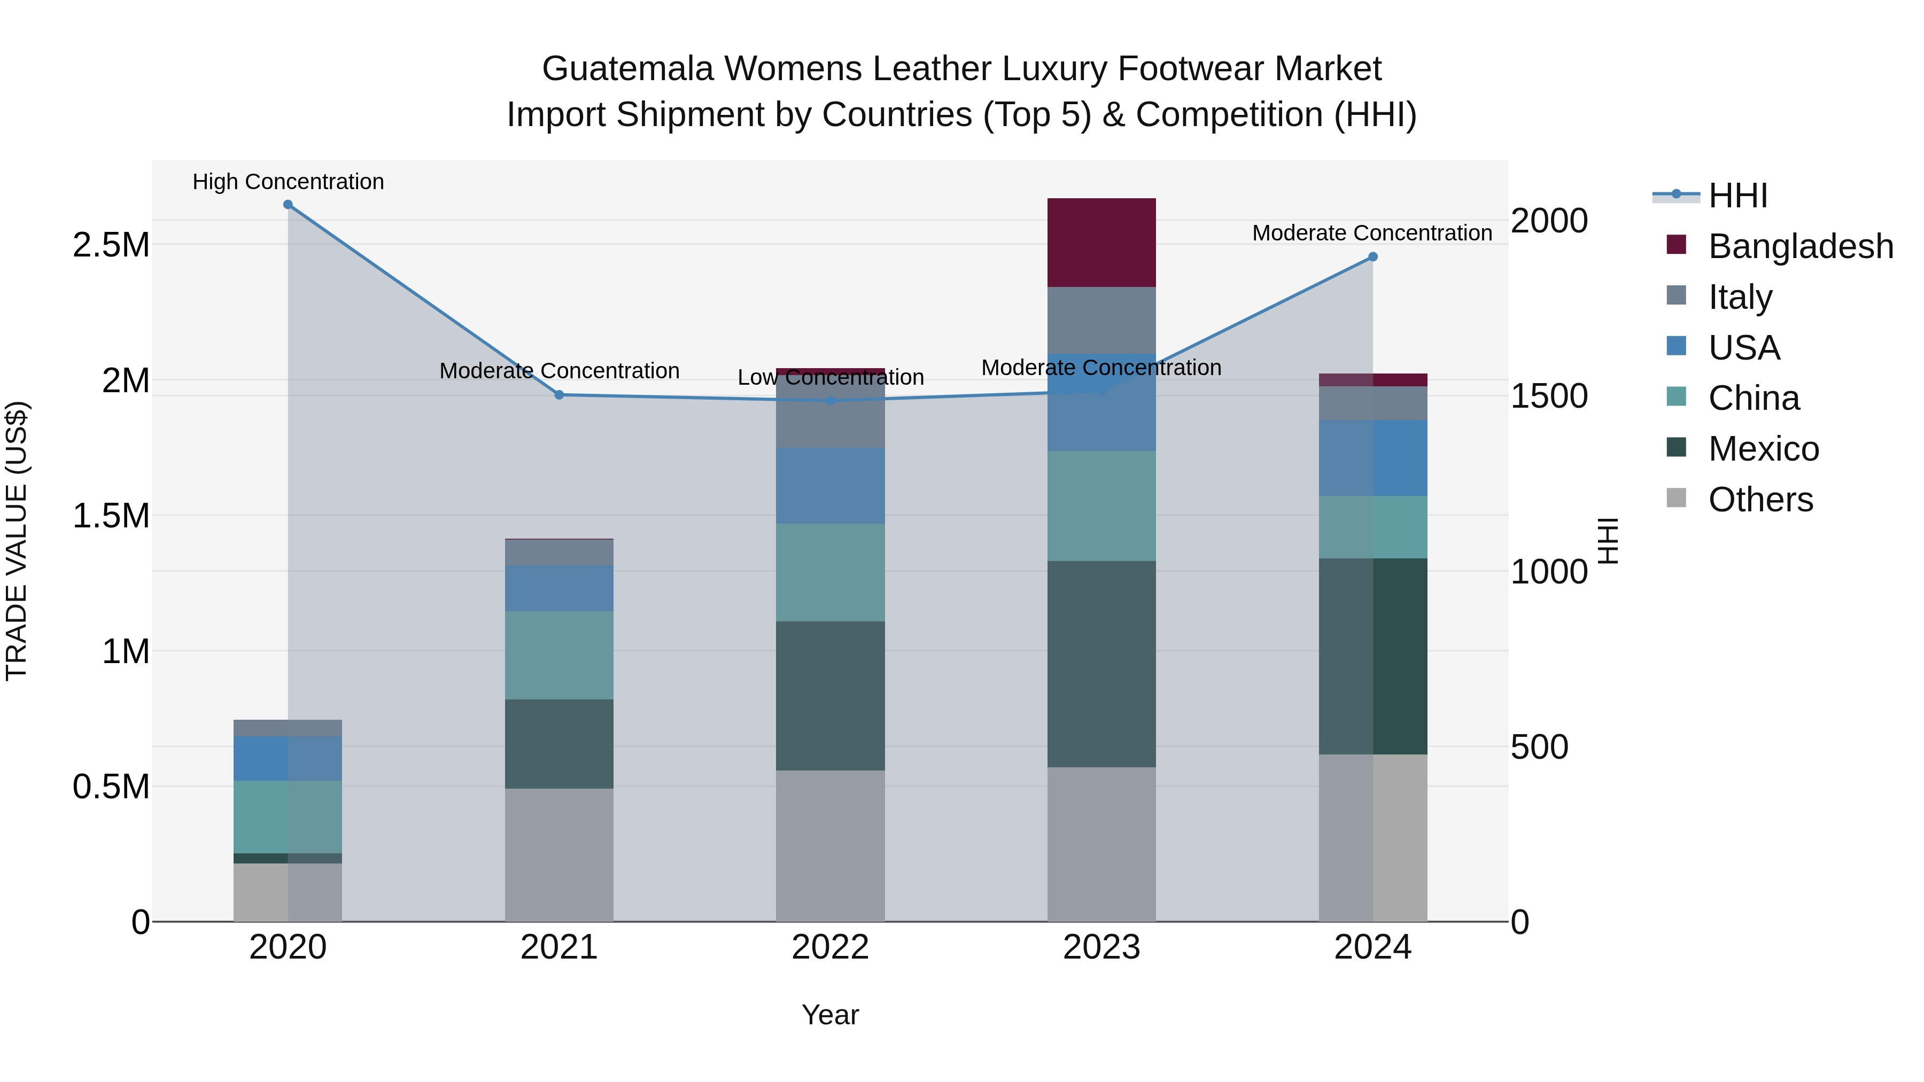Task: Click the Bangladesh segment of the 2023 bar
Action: (x=1101, y=242)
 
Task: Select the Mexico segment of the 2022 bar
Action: (x=830, y=695)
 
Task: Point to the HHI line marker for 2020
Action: (x=288, y=205)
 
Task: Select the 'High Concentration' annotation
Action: (x=288, y=182)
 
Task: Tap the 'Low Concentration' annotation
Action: (x=830, y=377)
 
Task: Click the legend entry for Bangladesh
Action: (x=1800, y=246)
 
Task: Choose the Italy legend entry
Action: (x=1740, y=297)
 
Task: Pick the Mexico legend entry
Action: (x=1763, y=449)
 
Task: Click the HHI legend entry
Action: (x=1737, y=196)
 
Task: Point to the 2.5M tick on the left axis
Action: (x=111, y=244)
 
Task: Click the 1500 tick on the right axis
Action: (x=1548, y=396)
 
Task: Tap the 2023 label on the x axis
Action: (x=1101, y=947)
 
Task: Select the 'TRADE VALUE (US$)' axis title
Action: (x=17, y=541)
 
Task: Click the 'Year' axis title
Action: (x=830, y=1015)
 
